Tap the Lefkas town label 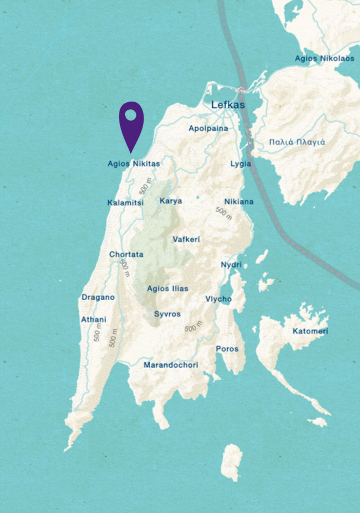228,105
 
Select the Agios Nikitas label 134,164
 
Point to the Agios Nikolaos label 324,58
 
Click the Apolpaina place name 208,128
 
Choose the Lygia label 241,164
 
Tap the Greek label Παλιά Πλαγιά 297,142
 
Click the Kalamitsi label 125,203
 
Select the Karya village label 171,201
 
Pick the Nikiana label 238,202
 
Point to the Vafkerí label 187,240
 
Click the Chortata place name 126,254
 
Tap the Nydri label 231,265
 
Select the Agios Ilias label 167,289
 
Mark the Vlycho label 218,299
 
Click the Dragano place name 98,298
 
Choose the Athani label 94,320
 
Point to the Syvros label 167,314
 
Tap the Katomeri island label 310,331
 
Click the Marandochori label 171,365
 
